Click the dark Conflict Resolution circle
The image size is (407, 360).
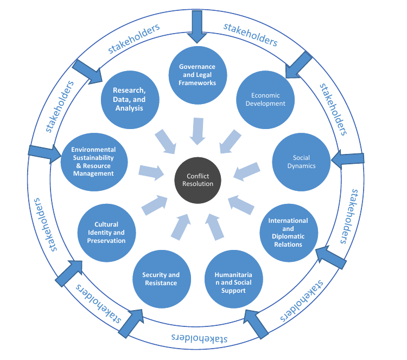pos(198,180)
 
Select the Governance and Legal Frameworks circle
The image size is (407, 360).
pos(198,75)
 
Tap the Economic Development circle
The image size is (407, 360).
pos(265,100)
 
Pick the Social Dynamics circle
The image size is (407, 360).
pos(301,162)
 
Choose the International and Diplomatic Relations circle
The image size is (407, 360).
pos(289,233)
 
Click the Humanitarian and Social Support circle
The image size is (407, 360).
pos(233,279)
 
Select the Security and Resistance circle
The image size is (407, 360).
pos(162,279)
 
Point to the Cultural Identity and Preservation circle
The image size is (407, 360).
pos(106,233)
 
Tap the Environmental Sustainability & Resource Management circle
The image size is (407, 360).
pos(94,162)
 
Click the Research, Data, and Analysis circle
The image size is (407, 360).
pos(130,100)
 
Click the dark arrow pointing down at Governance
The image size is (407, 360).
pos(197,27)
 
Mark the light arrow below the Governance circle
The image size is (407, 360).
pos(198,131)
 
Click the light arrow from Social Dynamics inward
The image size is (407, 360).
pos(246,171)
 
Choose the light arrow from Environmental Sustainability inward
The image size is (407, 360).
pos(151,172)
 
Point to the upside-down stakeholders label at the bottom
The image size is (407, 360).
pos(199,338)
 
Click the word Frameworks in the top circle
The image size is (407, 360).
pos(198,83)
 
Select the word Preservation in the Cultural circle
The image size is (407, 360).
pos(106,241)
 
